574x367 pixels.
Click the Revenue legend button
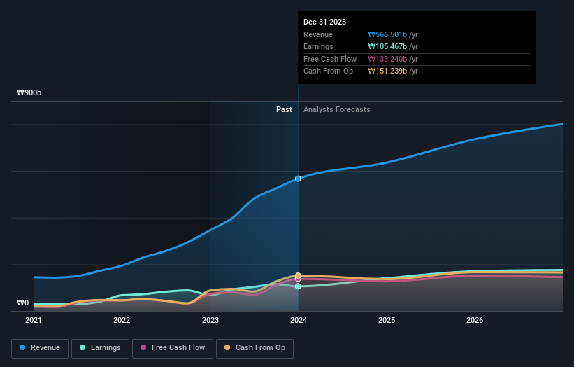pyautogui.click(x=40, y=347)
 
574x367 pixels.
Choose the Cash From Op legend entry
pyautogui.click(x=255, y=347)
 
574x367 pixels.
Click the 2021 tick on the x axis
pyautogui.click(x=34, y=321)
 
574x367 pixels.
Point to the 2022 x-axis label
pyautogui.click(x=122, y=321)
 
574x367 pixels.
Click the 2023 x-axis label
pyautogui.click(x=210, y=321)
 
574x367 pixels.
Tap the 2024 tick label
pyautogui.click(x=299, y=321)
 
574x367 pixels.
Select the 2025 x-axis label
pyautogui.click(x=387, y=321)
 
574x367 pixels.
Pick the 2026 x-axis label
pyautogui.click(x=475, y=321)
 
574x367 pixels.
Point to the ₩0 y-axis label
pyautogui.click(x=23, y=303)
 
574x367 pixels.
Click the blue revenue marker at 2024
pyautogui.click(x=299, y=179)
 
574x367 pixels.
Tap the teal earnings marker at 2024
pyautogui.click(x=299, y=286)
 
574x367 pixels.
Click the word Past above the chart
pyautogui.click(x=284, y=109)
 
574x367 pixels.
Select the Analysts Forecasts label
pyautogui.click(x=336, y=109)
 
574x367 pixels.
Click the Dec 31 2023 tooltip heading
pyautogui.click(x=324, y=22)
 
